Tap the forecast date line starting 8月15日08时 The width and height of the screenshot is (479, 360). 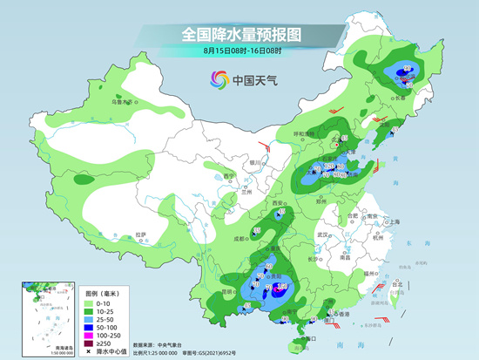(239, 51)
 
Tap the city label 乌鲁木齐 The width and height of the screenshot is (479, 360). (121, 102)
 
